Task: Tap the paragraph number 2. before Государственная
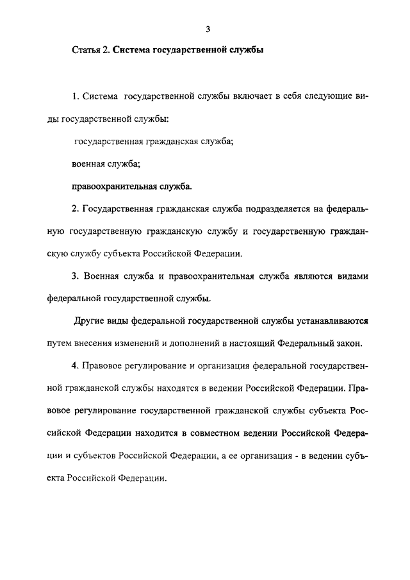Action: tap(76, 209)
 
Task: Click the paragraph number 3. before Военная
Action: tap(76, 276)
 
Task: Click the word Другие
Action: tap(91, 320)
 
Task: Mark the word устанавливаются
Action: tap(331, 320)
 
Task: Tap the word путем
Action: tap(63, 342)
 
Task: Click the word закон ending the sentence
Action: tap(348, 342)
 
